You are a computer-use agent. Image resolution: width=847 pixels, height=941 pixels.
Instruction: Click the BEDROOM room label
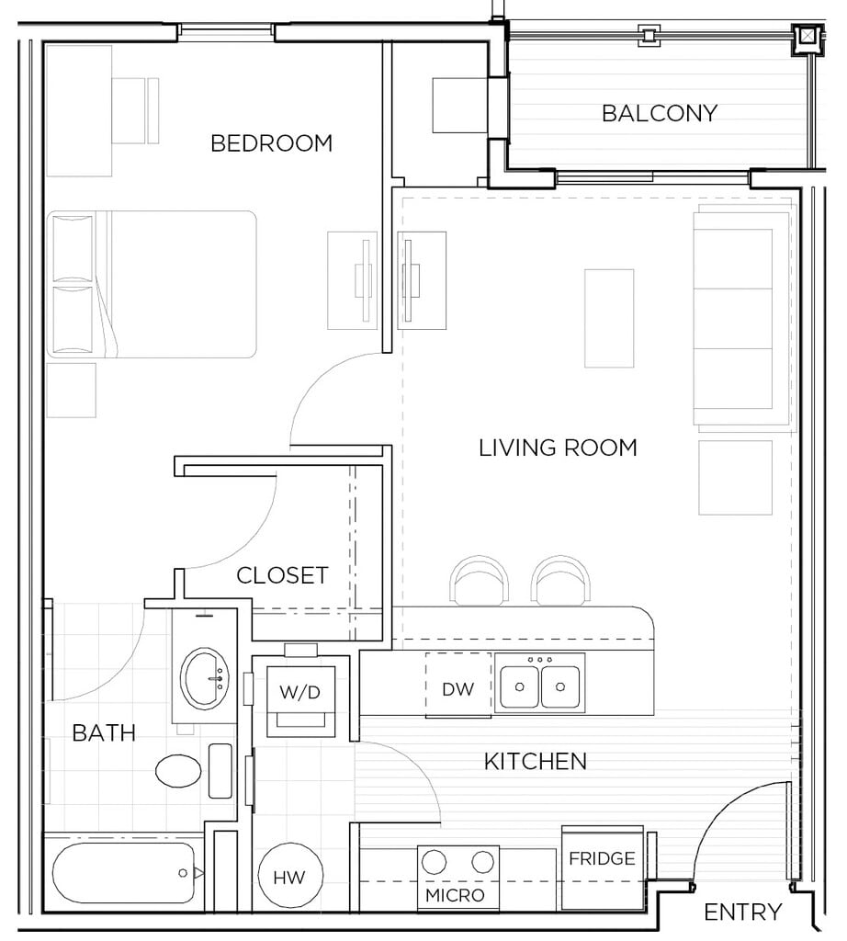271,143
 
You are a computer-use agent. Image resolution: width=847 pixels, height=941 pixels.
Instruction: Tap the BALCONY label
660,113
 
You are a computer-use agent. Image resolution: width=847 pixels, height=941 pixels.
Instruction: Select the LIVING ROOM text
558,448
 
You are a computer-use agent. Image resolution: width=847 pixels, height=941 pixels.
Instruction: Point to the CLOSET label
282,575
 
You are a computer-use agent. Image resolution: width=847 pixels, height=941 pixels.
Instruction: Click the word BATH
104,732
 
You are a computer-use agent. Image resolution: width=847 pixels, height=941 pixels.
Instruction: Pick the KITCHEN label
535,762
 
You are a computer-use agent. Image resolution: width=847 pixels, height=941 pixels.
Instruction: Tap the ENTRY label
742,913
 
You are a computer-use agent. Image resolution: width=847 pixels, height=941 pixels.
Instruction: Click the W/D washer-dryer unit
300,701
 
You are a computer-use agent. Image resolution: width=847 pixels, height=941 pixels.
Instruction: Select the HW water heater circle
290,876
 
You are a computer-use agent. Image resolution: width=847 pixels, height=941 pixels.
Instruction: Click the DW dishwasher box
458,685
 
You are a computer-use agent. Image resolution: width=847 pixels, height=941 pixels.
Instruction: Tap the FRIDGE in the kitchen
603,867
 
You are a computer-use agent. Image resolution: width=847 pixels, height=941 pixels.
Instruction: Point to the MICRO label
455,895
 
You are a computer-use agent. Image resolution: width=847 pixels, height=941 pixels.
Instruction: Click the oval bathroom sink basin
205,677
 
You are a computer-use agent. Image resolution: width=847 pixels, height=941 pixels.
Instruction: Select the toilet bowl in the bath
178,771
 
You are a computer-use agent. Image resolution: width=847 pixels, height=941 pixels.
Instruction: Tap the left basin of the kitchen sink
519,686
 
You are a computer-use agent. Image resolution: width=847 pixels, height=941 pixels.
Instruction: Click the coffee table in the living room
609,318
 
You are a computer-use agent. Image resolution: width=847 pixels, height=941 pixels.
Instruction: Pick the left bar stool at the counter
480,581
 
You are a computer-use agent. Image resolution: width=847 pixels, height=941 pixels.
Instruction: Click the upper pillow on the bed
73,248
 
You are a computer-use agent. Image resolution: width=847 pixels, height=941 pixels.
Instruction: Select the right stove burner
482,862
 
